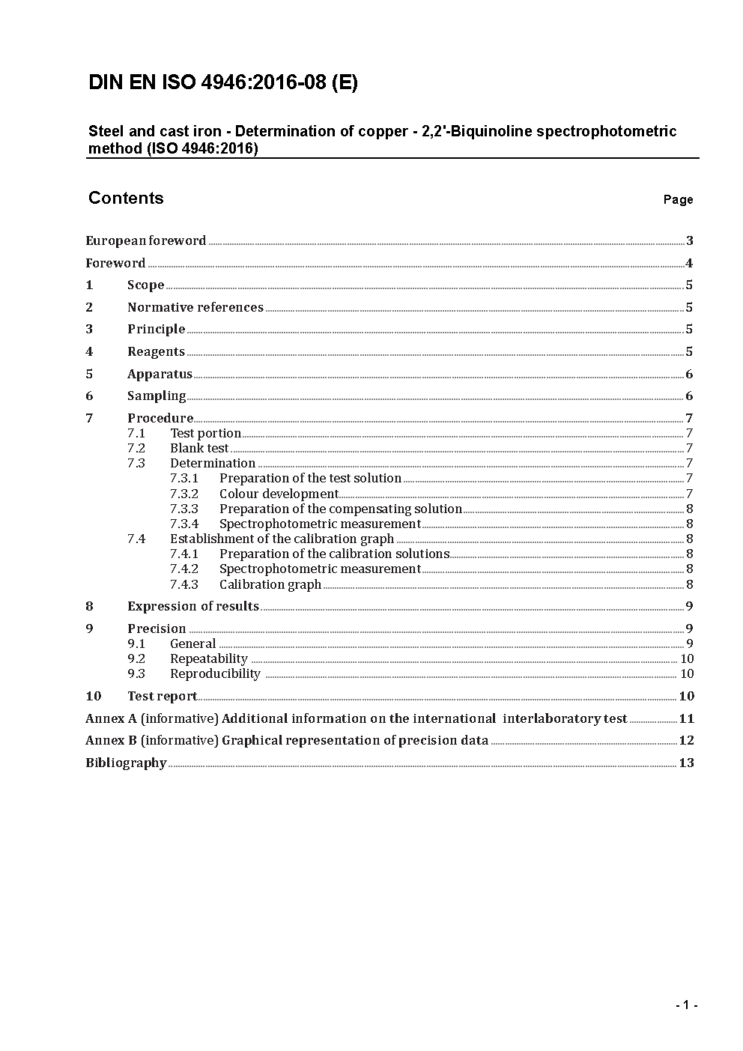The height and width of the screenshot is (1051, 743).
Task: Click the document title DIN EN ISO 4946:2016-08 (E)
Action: click(x=223, y=82)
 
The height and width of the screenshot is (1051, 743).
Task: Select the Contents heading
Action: click(x=126, y=198)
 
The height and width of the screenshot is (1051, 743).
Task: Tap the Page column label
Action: click(x=678, y=199)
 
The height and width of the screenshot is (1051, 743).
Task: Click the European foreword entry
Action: click(x=146, y=240)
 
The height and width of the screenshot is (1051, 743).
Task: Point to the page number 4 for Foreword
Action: click(x=689, y=263)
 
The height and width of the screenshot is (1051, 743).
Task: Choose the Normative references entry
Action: click(x=195, y=307)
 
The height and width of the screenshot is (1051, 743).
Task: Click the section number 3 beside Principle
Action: click(x=89, y=329)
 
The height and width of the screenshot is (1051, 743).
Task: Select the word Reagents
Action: click(x=156, y=351)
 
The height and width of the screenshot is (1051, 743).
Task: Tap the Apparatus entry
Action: click(x=160, y=374)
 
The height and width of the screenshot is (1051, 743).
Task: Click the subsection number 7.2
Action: click(x=136, y=448)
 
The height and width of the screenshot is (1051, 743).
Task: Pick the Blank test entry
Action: click(x=199, y=448)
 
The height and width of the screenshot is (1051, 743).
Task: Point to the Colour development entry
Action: click(x=279, y=494)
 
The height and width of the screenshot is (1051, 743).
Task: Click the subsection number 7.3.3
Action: click(x=184, y=509)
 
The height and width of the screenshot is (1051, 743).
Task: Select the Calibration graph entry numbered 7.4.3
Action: click(x=270, y=584)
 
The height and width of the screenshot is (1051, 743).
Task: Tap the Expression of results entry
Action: click(x=193, y=606)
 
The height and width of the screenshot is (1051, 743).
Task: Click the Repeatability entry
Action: click(x=209, y=658)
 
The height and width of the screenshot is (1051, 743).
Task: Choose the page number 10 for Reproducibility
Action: click(x=687, y=673)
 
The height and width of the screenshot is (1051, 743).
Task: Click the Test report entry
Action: click(x=162, y=696)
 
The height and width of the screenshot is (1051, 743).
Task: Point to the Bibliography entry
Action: click(x=126, y=763)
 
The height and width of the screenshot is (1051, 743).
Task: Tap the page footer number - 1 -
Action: click(x=686, y=1005)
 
